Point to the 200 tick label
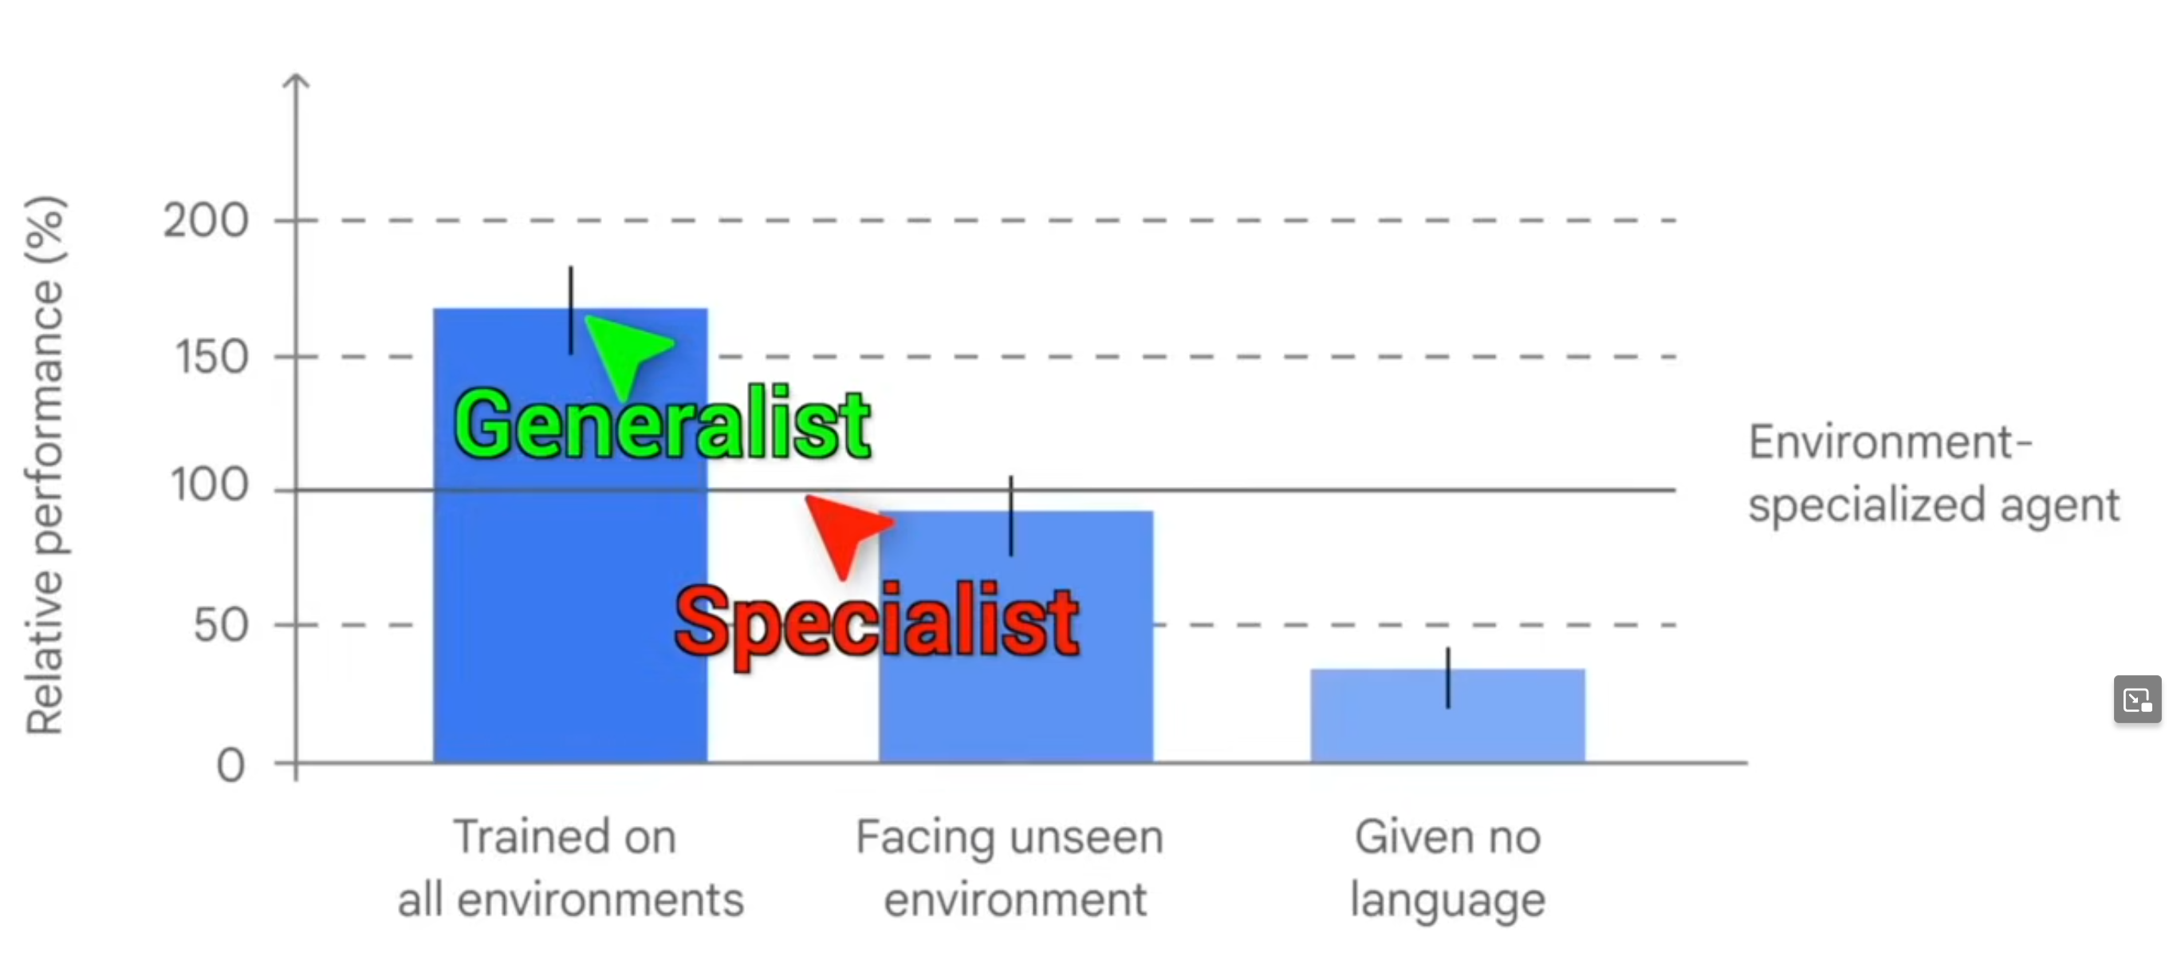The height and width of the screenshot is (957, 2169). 206,222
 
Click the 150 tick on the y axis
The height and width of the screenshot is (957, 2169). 211,358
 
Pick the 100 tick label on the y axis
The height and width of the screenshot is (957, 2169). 210,486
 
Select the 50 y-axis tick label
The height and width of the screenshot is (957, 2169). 221,625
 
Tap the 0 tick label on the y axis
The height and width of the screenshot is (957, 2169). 230,765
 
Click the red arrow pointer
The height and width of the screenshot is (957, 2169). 844,531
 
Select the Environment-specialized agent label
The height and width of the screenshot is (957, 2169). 1931,473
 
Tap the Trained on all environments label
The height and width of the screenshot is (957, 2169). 570,868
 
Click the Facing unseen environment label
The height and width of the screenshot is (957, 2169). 1010,868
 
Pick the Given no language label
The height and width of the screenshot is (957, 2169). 1447,868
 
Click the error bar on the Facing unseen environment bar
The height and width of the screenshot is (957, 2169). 1010,516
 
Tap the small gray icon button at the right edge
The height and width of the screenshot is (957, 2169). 2137,699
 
